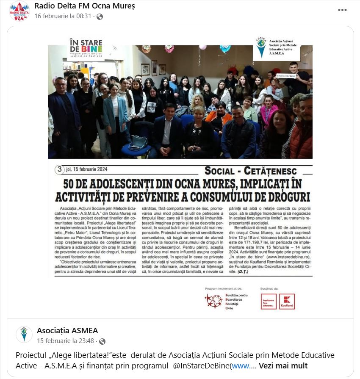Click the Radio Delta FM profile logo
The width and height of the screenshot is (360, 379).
(19, 11)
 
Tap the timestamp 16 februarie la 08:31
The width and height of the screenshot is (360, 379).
(63, 16)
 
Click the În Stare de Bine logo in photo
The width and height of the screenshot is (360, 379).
(86, 49)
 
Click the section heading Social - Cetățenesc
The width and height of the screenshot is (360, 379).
(250, 171)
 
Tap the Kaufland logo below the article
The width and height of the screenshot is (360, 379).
(287, 302)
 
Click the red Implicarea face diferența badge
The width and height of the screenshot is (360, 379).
(269, 302)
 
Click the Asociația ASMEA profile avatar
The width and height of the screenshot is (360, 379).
(24, 335)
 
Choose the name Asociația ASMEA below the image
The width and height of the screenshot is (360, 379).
(67, 330)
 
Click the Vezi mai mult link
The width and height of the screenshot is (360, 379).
(283, 366)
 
